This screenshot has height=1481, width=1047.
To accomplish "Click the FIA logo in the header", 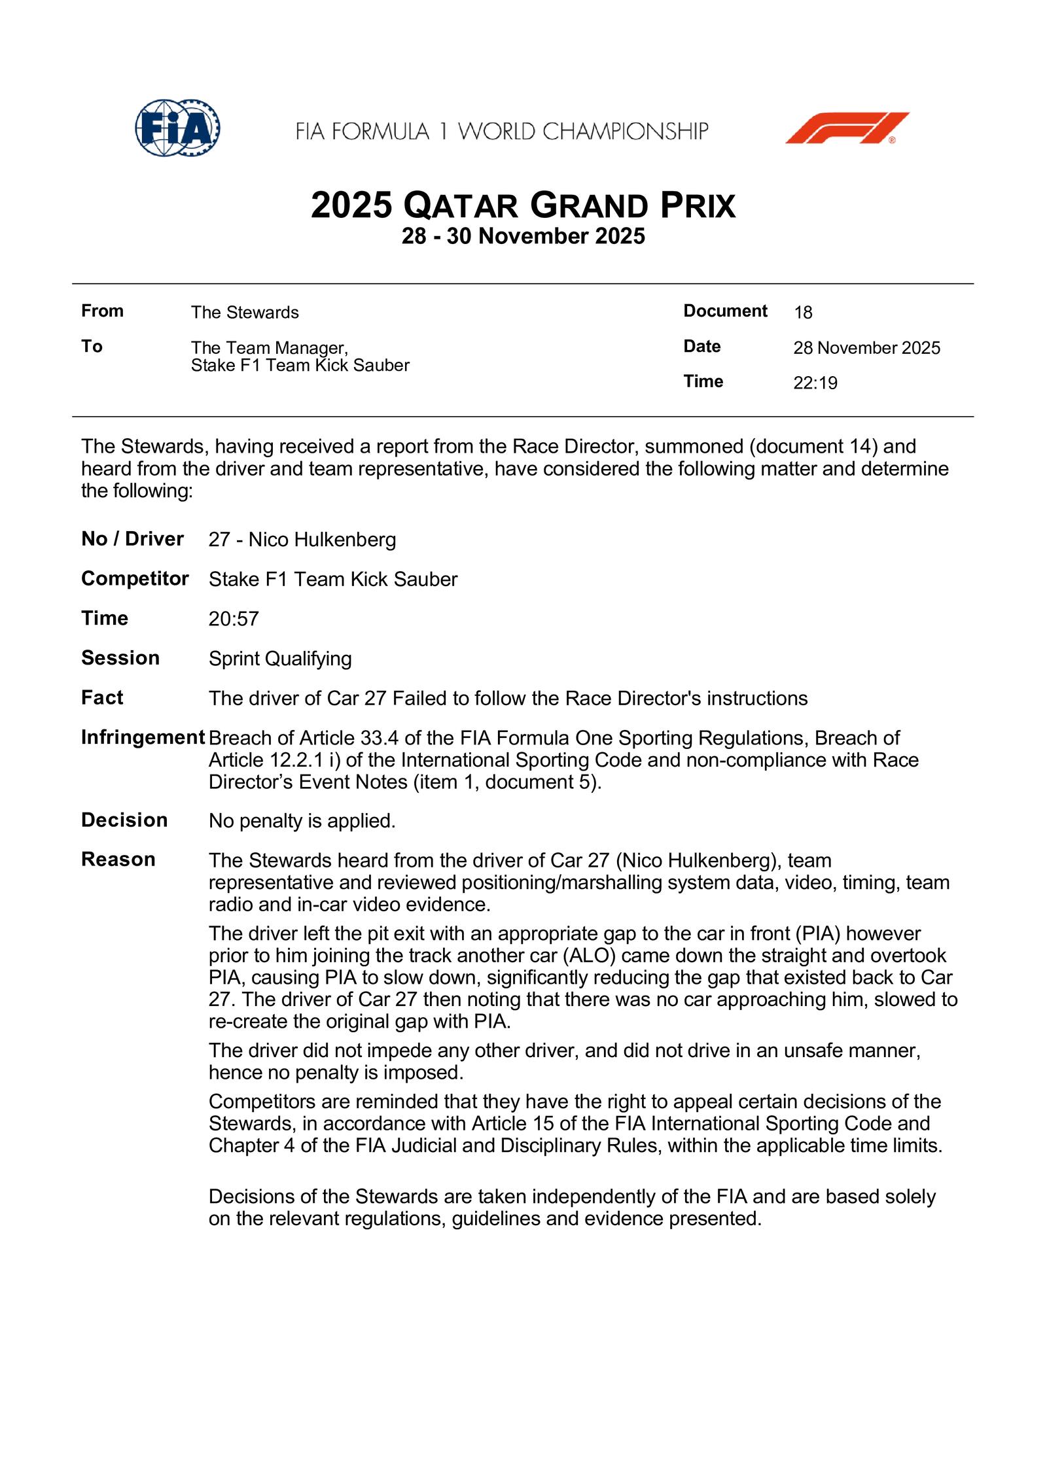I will point(177,128).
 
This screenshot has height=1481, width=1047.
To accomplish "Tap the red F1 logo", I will point(847,128).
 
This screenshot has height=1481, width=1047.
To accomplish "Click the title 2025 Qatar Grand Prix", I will point(523,205).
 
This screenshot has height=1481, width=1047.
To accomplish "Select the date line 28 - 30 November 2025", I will point(523,236).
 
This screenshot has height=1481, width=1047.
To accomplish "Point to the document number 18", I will point(803,313).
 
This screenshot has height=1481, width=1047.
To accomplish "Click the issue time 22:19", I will point(815,383).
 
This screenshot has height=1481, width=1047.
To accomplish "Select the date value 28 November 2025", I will point(866,348).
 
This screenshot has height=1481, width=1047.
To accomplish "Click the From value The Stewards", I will point(245,313).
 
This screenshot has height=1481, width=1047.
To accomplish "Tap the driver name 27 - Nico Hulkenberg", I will point(302,540).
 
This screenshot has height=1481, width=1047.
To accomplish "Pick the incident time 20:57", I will point(234,619).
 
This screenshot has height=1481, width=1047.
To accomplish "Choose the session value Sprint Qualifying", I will point(280,659).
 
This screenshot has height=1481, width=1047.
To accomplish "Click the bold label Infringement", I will point(143,738).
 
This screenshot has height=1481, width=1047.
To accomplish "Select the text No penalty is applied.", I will point(302,821).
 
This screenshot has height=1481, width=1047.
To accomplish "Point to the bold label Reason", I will point(118,860).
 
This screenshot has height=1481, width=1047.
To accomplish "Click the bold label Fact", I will point(102,698).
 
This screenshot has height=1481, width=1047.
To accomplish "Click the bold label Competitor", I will point(135,579).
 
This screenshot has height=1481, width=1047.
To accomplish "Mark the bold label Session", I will point(120,658).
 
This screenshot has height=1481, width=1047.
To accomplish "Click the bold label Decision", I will point(124,820).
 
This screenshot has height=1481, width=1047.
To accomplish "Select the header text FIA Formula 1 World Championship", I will point(502,131).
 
